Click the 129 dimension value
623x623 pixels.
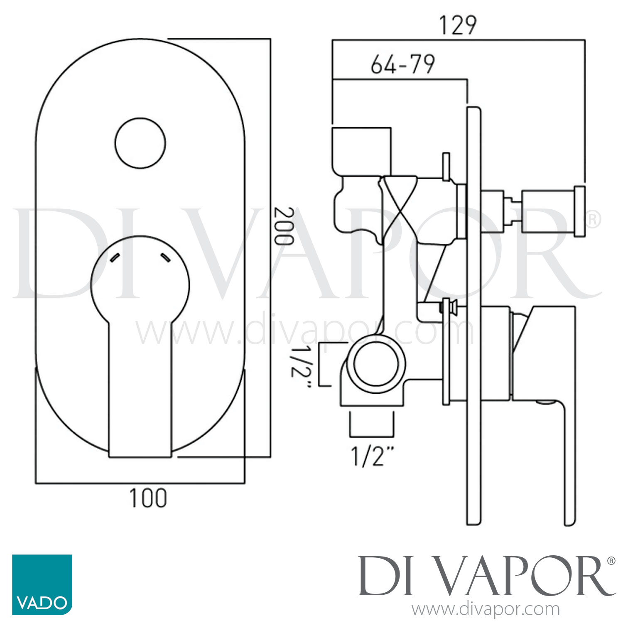tap(458, 26)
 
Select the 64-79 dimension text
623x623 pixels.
tap(402, 65)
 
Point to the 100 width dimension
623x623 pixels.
tap(148, 498)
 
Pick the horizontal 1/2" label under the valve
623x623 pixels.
tap(372, 456)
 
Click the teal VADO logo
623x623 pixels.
tap(42, 584)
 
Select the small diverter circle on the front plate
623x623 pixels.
tap(140, 143)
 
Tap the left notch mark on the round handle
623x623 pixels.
tap(115, 257)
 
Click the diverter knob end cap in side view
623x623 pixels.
tap(579, 211)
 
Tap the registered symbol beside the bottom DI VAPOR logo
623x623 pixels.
tap(611, 561)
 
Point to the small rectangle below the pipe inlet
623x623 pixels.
tap(372, 424)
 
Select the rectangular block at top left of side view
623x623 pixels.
tap(361, 151)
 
